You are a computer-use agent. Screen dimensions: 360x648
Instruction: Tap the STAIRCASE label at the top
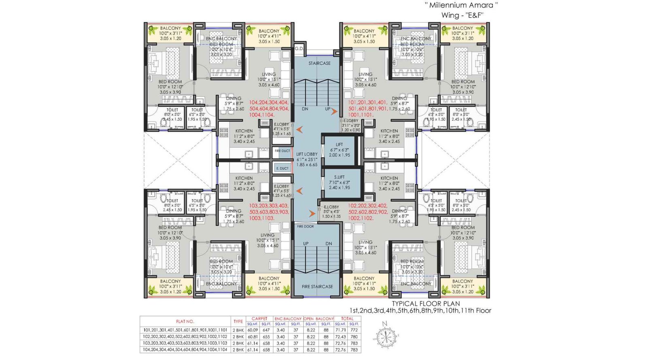pyautogui.click(x=319, y=63)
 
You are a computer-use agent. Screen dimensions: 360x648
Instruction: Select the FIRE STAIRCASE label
pyautogui.click(x=317, y=287)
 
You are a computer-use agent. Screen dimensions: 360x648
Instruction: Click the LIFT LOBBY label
pyautogui.click(x=307, y=154)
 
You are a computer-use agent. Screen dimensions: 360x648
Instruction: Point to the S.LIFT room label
pyautogui.click(x=339, y=177)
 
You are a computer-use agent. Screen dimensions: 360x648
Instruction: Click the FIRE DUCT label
pyautogui.click(x=282, y=151)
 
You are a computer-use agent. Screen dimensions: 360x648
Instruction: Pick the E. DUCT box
pyautogui.click(x=282, y=168)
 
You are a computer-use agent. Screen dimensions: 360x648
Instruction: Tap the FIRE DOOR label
pyautogui.click(x=305, y=226)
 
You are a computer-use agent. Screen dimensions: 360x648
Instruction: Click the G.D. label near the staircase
pyautogui.click(x=299, y=49)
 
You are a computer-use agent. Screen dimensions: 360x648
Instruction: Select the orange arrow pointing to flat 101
pyautogui.click(x=334, y=111)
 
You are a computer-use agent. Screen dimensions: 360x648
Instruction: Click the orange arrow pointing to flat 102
pyautogui.click(x=313, y=214)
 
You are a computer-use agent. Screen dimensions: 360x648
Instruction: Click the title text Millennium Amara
pyautogui.click(x=461, y=5)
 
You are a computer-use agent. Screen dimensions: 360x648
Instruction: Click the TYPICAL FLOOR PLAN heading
pyautogui.click(x=426, y=303)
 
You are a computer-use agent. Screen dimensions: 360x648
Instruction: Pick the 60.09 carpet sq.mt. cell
pyautogui.click(x=252, y=330)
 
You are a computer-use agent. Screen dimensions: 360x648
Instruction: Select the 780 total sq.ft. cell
pyautogui.click(x=354, y=337)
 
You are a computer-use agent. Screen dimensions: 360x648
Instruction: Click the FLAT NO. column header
pyautogui.click(x=185, y=322)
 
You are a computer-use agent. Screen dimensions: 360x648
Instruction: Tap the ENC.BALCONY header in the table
pyautogui.click(x=288, y=319)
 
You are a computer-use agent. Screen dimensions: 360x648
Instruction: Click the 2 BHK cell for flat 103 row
pyautogui.click(x=238, y=343)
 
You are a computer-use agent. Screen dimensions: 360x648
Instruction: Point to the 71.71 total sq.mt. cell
pyautogui.click(x=341, y=330)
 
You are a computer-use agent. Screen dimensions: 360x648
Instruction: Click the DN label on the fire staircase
pyautogui.click(x=328, y=243)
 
